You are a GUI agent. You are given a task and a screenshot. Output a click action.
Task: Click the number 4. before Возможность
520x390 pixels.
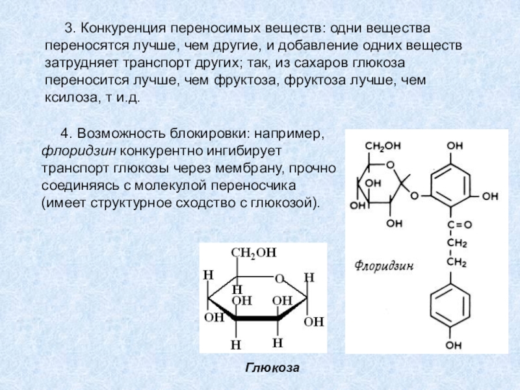[66, 133]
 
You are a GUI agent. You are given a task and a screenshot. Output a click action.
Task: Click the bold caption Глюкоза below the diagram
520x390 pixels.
[272, 369]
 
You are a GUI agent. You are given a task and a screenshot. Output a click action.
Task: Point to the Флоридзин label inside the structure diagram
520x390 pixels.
[385, 266]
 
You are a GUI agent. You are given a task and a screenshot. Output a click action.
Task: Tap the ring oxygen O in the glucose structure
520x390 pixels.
[279, 279]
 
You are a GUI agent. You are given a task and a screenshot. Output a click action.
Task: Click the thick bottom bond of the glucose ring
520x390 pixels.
[257, 318]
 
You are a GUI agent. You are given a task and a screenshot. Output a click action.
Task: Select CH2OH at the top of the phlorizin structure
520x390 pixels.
[382, 146]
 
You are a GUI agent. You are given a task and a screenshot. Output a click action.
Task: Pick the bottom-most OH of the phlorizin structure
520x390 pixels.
[452, 343]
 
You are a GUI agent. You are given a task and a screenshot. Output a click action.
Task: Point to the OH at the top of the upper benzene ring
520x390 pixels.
[453, 146]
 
